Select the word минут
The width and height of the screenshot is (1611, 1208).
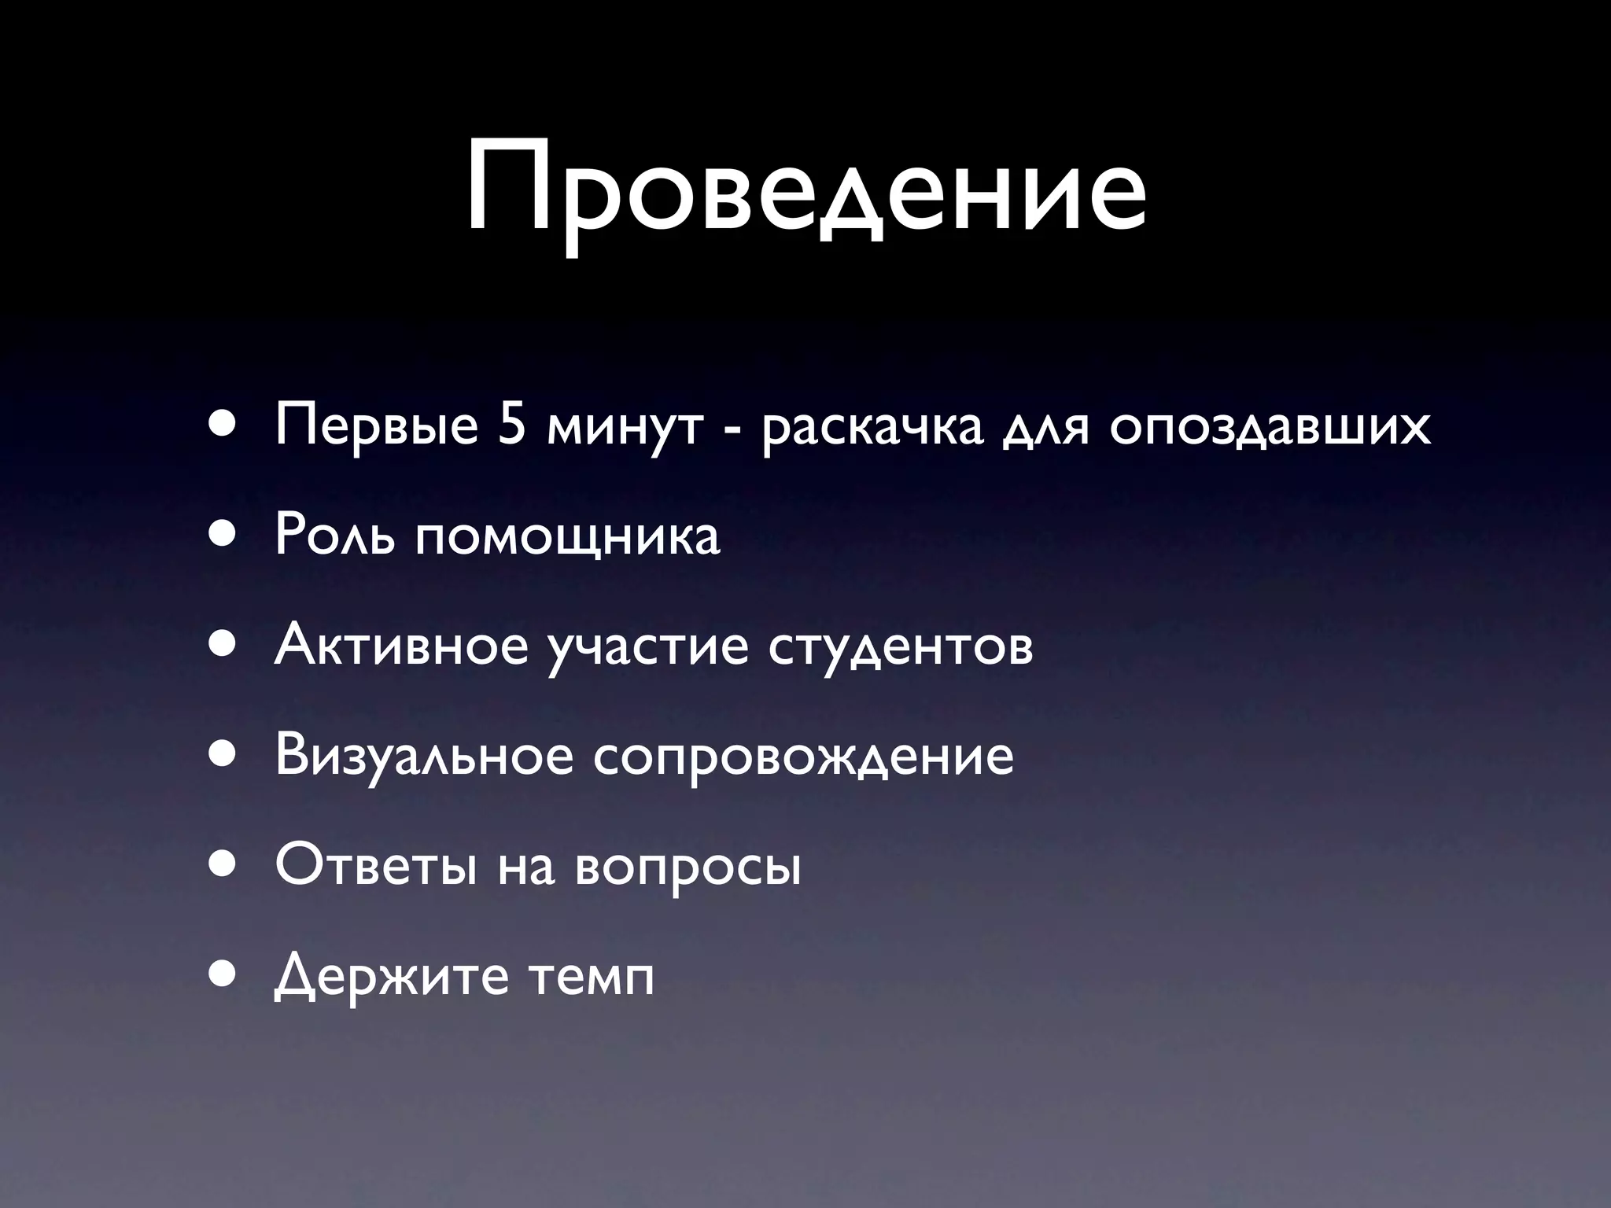pyautogui.click(x=622, y=427)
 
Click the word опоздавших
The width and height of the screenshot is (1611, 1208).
pyautogui.click(x=1270, y=427)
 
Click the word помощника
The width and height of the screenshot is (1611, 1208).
pyautogui.click(x=567, y=538)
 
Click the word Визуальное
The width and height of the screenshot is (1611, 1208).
pyautogui.click(x=424, y=756)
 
